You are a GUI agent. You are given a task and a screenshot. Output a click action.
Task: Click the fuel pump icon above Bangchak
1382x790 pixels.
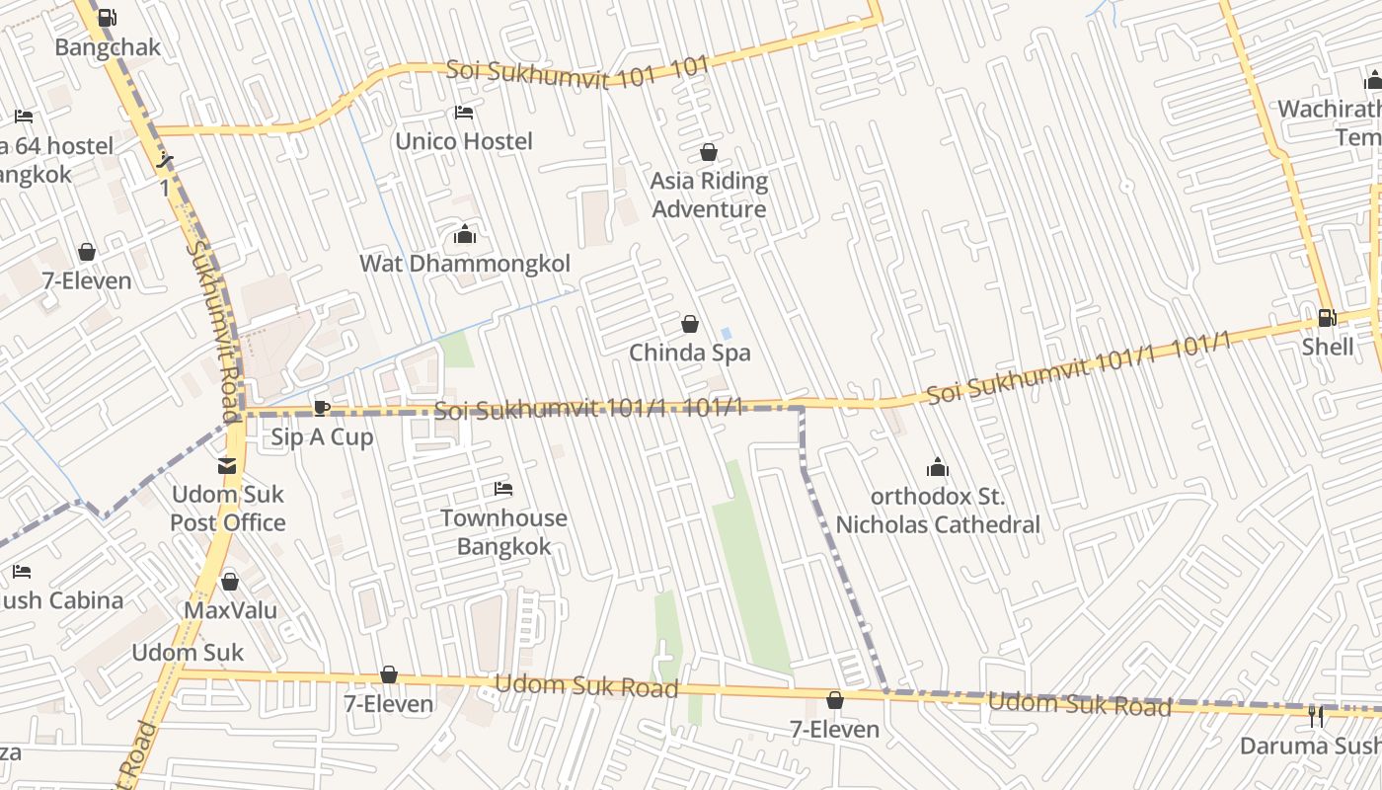(108, 17)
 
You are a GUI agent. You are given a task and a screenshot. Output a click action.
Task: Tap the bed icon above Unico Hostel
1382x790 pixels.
(464, 113)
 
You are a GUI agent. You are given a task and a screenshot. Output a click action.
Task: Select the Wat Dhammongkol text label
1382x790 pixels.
(465, 264)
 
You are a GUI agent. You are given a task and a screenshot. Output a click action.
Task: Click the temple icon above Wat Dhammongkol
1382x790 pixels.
(464, 235)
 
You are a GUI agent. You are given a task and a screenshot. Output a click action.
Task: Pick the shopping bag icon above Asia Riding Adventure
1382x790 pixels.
(708, 152)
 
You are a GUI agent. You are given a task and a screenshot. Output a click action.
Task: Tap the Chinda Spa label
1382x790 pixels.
(690, 353)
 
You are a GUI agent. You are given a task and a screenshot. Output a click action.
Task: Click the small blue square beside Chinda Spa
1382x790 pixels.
(727, 334)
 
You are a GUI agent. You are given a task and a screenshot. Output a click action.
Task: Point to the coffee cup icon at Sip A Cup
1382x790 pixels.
(321, 408)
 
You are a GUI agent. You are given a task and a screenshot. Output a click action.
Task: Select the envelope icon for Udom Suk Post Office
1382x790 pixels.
(228, 465)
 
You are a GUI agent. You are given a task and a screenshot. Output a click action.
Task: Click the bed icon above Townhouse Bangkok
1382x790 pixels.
(503, 489)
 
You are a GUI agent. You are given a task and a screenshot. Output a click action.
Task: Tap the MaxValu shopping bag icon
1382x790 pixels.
(230, 582)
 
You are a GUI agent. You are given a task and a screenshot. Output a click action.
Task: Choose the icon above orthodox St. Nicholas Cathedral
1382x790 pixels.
(938, 467)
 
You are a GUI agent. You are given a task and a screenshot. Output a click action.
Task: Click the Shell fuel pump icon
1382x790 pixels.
(1328, 318)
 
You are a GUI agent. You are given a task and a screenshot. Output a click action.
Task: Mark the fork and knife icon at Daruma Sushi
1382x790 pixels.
(1316, 716)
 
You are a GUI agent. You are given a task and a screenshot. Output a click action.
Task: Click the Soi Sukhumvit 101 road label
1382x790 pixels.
(577, 72)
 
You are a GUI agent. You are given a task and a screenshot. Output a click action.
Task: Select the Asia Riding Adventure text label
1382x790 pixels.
(709, 195)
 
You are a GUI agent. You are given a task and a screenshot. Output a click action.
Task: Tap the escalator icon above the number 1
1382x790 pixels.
(166, 160)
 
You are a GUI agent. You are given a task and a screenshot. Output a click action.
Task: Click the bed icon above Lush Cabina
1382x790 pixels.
(22, 572)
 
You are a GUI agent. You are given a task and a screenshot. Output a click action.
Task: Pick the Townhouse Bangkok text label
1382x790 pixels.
(503, 532)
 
